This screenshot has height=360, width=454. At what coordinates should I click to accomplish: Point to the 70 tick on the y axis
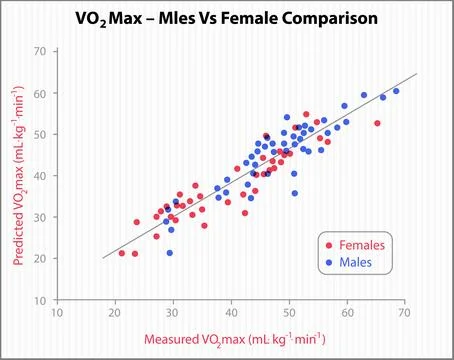(39, 51)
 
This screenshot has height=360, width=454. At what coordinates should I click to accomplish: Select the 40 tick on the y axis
(39, 176)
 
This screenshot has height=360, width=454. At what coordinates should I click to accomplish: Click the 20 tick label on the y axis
(39, 259)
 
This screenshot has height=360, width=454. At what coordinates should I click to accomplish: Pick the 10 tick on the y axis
(39, 300)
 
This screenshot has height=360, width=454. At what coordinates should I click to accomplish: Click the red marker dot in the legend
(329, 245)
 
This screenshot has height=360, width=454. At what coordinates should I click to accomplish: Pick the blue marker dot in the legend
(329, 262)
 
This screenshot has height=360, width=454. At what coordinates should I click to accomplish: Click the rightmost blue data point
(396, 91)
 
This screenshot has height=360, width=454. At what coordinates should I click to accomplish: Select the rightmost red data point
(377, 123)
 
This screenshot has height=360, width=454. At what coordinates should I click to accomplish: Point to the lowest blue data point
(170, 253)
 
